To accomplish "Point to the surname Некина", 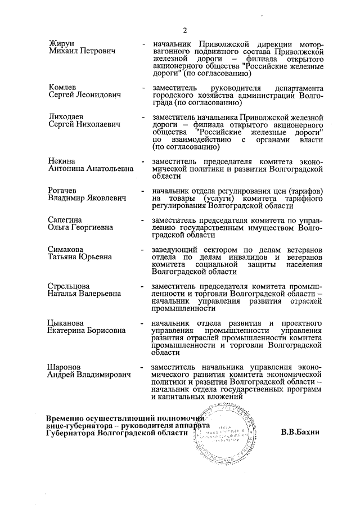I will pyautogui.click(x=62, y=160).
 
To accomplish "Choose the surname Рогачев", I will pyautogui.click(x=65, y=190).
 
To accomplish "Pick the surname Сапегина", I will pyautogui.click(x=66, y=219).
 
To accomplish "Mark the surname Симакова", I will pyautogui.click(x=67, y=249).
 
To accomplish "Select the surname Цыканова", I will pyautogui.click(x=67, y=323).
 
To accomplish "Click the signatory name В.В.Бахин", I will pyautogui.click(x=300, y=433).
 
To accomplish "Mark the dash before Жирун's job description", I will pyautogui.click(x=145, y=44).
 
